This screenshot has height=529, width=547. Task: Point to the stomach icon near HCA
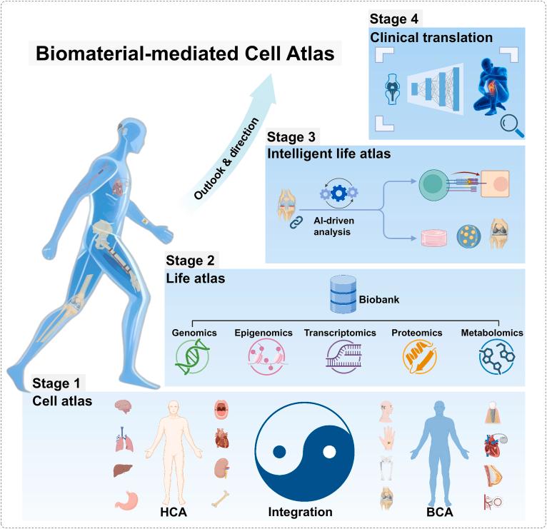[x=124, y=505]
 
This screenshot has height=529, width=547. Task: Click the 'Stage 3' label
[x=291, y=136]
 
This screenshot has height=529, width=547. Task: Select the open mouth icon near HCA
[x=222, y=409]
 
